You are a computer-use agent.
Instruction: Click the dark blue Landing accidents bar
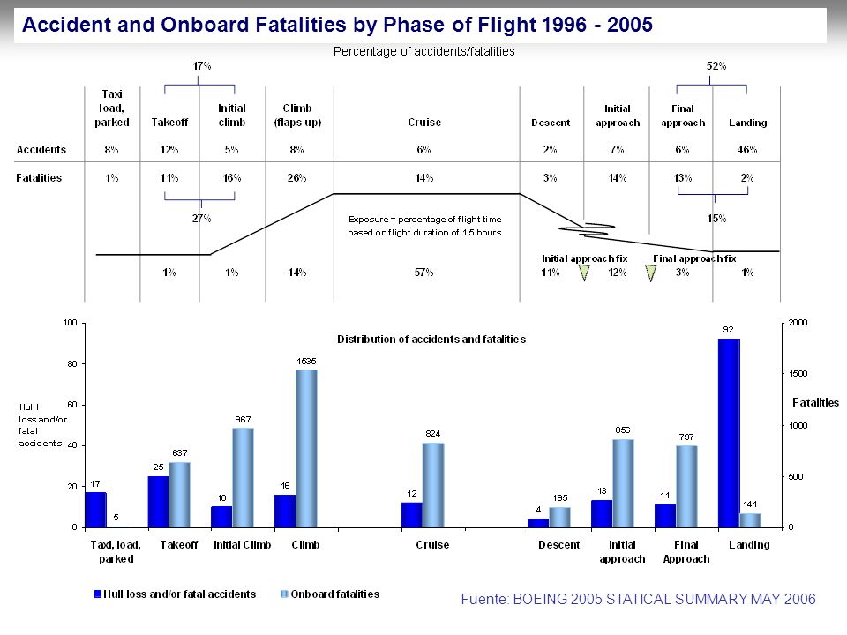point(729,433)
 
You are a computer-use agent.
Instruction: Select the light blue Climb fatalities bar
point(306,449)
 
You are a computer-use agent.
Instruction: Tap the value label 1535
point(306,362)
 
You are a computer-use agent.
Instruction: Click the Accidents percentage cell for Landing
point(747,150)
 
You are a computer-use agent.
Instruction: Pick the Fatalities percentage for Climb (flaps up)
point(296,177)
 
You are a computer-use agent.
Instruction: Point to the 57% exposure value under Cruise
point(424,273)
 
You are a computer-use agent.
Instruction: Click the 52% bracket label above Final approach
point(716,66)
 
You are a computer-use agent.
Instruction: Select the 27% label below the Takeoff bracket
point(201,218)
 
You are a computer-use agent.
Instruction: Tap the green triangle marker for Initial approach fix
point(584,273)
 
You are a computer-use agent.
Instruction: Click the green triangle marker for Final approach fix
point(651,273)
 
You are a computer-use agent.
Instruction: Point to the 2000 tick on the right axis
point(798,323)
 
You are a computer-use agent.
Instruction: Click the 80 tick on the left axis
point(72,364)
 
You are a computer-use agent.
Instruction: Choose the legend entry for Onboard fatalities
point(330,594)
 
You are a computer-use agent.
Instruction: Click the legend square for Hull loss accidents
point(98,594)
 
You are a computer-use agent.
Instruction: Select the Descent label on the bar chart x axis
point(559,544)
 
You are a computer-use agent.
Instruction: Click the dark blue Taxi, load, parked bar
point(95,510)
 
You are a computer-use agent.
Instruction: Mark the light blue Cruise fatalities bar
point(433,485)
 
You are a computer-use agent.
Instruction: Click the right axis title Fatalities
point(815,402)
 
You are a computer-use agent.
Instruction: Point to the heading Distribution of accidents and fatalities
point(431,339)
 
